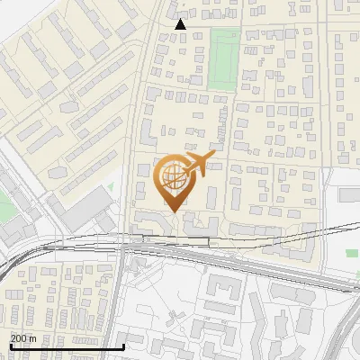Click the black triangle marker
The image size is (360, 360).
point(181,24)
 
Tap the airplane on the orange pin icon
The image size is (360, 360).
point(195,165)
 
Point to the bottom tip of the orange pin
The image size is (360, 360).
point(173,211)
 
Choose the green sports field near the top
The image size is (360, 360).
point(224,59)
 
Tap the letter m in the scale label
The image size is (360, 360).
point(33,338)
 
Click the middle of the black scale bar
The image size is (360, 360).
point(66,346)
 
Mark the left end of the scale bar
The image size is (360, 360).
point(9,346)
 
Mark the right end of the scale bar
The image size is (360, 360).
point(123,346)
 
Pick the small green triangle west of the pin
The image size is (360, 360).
point(111,187)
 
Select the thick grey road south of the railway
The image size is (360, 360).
point(243,260)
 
